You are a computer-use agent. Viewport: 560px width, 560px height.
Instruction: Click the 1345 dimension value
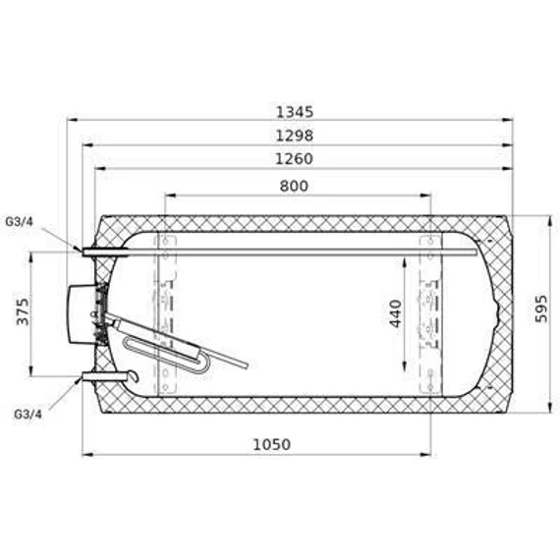click(x=295, y=112)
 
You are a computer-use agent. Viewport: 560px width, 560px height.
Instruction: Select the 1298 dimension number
click(x=295, y=136)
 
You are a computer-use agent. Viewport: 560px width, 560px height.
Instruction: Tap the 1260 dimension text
click(x=295, y=159)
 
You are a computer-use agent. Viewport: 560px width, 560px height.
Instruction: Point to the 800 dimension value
click(x=294, y=186)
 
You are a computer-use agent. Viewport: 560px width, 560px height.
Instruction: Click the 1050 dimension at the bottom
click(x=272, y=445)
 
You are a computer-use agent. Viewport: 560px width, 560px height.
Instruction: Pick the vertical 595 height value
click(x=541, y=308)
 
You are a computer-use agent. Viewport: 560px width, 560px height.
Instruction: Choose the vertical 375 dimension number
click(x=23, y=311)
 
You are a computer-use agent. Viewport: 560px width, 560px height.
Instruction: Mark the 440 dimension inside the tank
click(x=396, y=313)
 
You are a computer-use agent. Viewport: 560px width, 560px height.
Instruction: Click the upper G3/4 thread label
click(x=19, y=222)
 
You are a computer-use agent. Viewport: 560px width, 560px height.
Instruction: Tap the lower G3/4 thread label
click(x=28, y=414)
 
